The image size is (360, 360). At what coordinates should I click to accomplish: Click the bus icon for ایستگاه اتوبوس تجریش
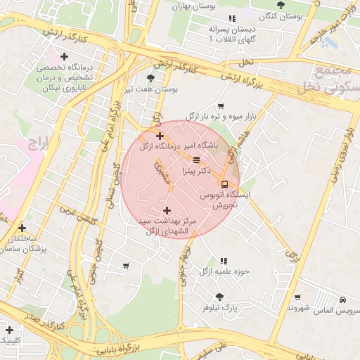point(224,184)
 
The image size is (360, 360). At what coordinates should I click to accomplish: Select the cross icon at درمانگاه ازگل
point(160,136)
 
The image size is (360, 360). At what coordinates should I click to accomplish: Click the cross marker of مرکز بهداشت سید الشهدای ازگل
point(167,210)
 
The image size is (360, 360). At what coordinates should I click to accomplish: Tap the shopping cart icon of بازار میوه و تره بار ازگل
point(221,105)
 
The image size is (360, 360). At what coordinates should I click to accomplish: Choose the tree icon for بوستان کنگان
point(281,5)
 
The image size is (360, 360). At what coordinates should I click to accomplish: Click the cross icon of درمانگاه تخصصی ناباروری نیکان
point(65,56)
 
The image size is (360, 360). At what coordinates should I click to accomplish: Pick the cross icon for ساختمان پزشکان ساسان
point(22,228)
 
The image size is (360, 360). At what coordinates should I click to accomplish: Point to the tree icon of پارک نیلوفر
point(219,297)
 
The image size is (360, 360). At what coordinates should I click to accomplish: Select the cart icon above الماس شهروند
point(297,297)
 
